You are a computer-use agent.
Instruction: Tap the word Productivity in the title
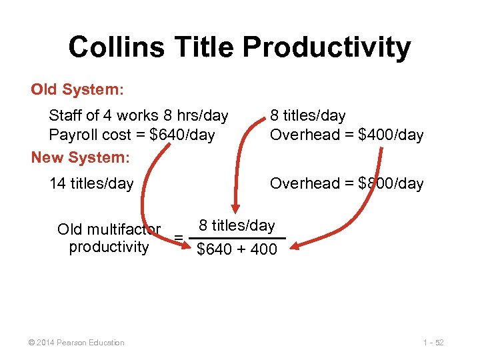tap(327, 47)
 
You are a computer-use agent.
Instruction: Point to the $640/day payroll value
tap(182, 135)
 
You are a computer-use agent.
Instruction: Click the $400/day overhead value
tap(391, 135)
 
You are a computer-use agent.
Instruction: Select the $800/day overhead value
tap(391, 183)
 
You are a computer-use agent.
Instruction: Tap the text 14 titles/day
tap(91, 183)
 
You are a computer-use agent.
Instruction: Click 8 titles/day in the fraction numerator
tap(237, 226)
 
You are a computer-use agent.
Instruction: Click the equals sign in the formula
tap(178, 238)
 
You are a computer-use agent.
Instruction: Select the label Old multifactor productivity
tap(109, 238)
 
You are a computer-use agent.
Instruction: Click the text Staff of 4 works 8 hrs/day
tap(139, 115)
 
